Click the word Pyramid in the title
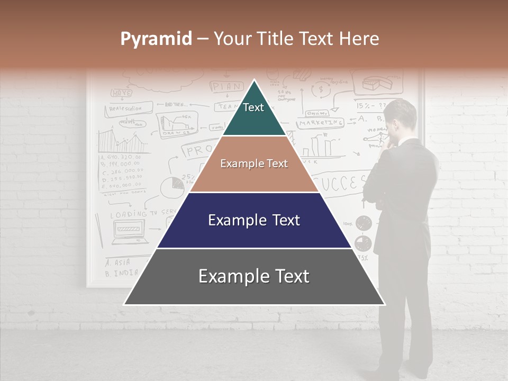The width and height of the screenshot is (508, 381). (x=156, y=39)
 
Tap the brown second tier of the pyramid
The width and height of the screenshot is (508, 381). (x=254, y=164)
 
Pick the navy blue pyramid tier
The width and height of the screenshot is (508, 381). (x=254, y=220)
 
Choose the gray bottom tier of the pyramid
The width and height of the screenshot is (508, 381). (x=254, y=277)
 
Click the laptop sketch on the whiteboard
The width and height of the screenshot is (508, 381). (x=130, y=232)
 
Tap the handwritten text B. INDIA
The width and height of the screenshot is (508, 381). (x=121, y=274)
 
